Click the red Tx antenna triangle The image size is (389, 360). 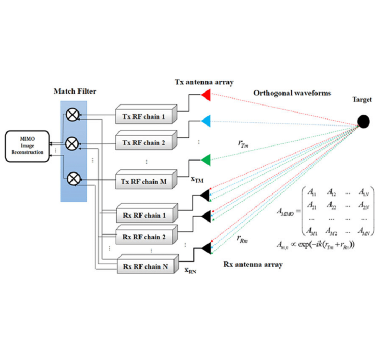click(206, 94)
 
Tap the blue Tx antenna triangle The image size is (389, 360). click(206, 121)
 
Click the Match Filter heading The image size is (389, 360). click(74, 92)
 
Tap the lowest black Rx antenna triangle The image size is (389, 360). click(206, 248)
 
